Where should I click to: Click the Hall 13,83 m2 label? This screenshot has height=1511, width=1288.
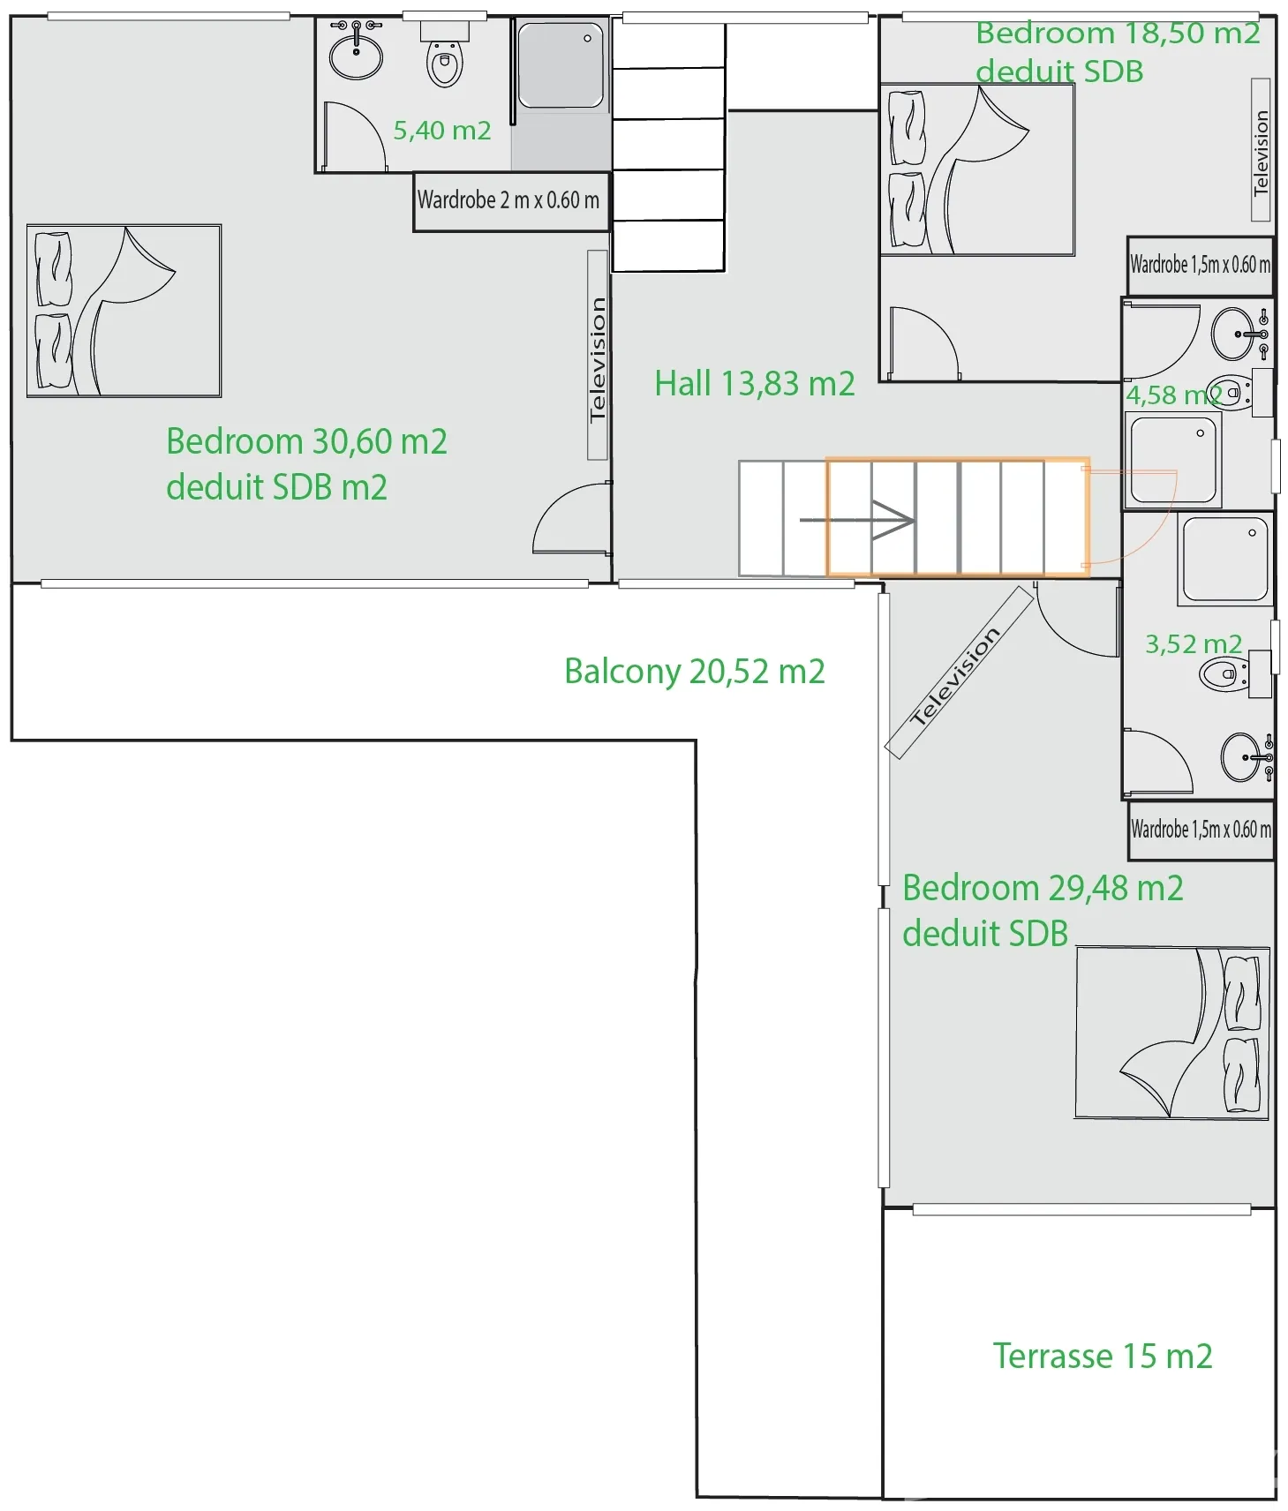click(755, 384)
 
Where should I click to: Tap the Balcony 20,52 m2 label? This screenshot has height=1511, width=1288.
click(695, 672)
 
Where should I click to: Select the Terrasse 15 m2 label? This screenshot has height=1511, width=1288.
click(1103, 1356)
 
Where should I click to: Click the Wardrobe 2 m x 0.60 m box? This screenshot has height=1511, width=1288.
click(511, 202)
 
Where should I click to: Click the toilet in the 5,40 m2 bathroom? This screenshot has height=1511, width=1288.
click(445, 56)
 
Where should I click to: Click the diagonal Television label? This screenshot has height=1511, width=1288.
click(959, 673)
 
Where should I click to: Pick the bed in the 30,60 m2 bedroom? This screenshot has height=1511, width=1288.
click(124, 311)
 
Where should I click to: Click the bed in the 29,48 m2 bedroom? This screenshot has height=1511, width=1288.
click(1172, 1034)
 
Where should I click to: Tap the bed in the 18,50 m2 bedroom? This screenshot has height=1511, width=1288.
click(977, 169)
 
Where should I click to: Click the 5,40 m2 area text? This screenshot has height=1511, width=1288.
click(442, 131)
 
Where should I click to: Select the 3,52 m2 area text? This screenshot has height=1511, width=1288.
click(1194, 644)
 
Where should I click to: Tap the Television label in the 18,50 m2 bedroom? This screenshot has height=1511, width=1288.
click(1262, 150)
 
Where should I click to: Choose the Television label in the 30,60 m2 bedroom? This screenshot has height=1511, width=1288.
click(598, 356)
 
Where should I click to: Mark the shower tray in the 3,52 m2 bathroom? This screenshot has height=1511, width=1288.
click(1225, 560)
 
